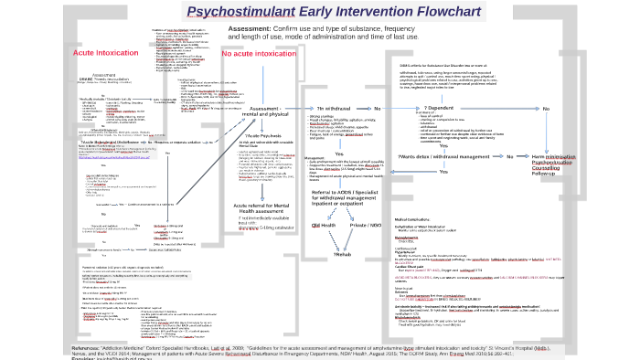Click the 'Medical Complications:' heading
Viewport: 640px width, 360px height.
(420, 220)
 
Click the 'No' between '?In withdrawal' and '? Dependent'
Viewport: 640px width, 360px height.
(377, 109)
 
